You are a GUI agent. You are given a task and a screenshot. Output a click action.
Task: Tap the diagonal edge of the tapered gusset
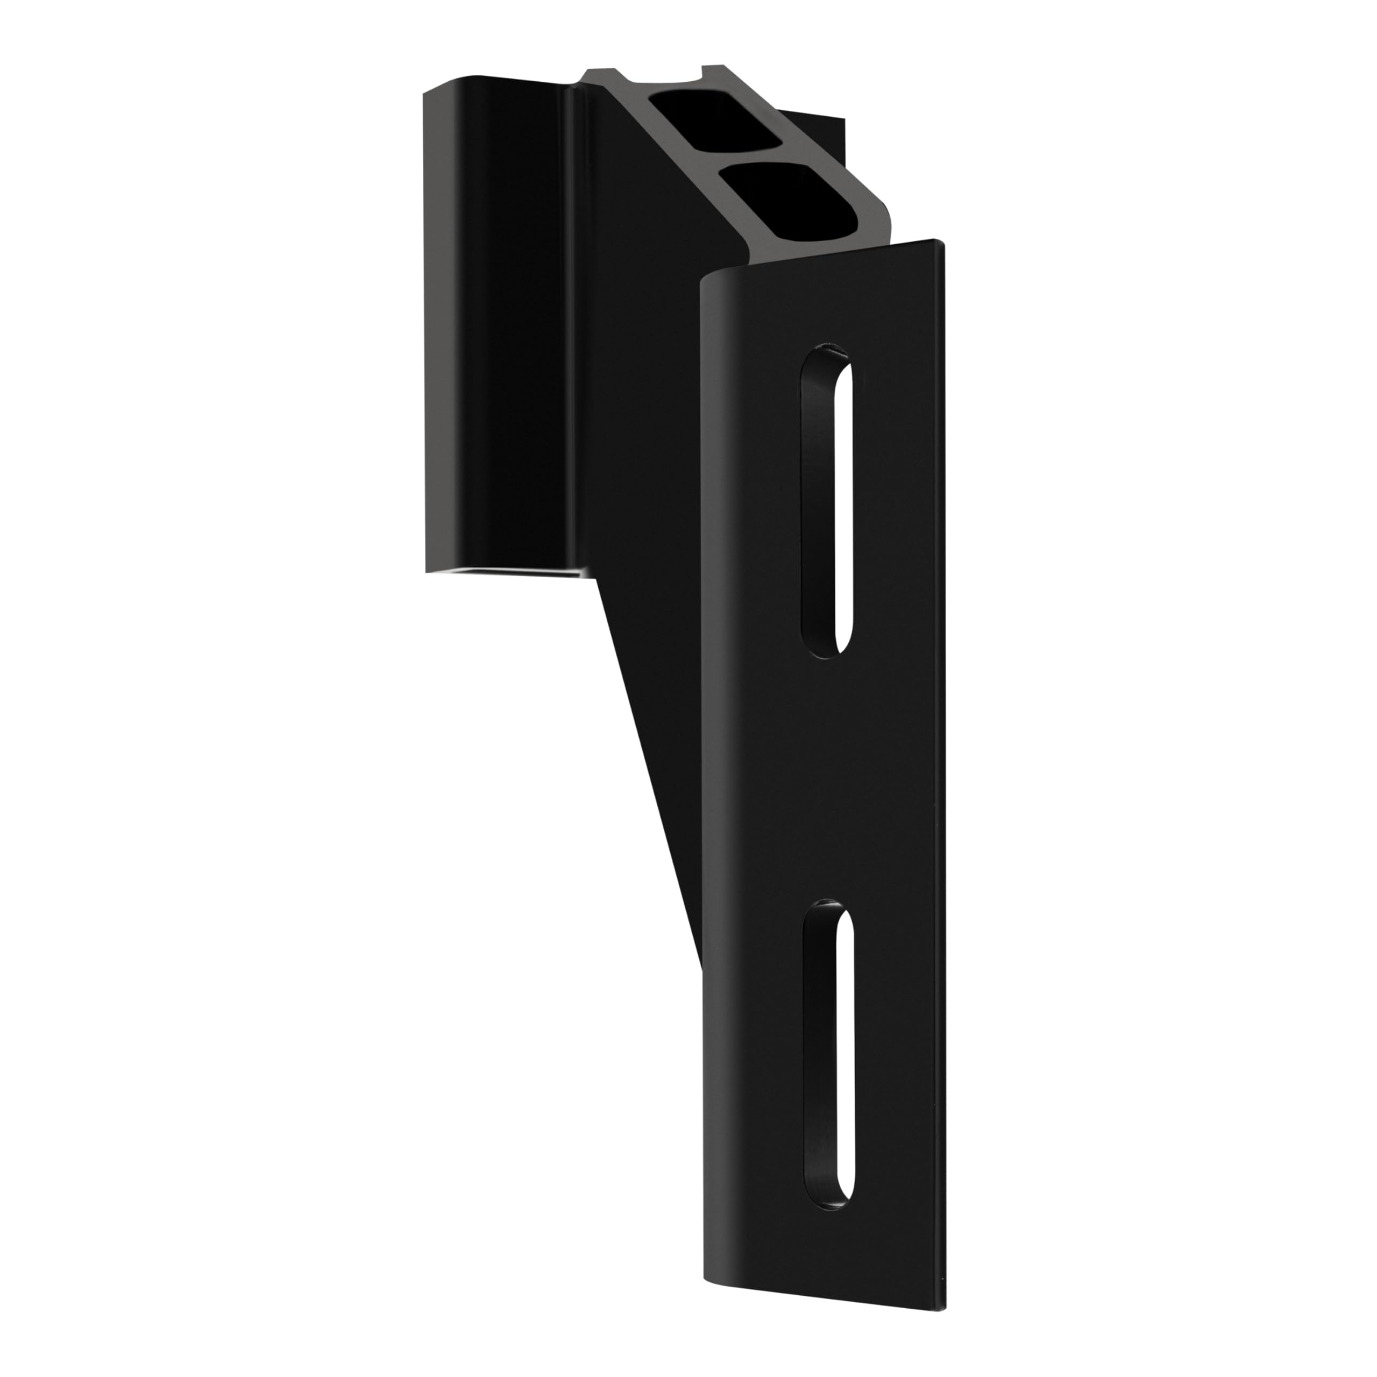(649, 770)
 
